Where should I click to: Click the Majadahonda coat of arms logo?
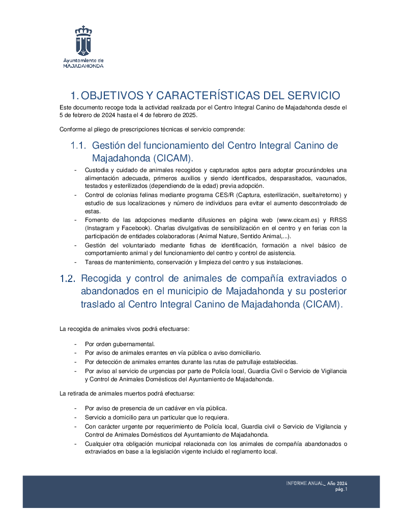tap(83, 40)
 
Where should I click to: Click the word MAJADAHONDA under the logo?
tap(83, 66)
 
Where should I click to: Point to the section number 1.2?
tap(67, 279)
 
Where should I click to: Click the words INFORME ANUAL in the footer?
tap(305, 483)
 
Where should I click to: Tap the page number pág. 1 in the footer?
tap(341, 490)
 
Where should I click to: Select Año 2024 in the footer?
tap(337, 483)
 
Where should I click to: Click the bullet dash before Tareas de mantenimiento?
tap(76, 262)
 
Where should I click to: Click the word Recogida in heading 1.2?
tap(101, 279)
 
